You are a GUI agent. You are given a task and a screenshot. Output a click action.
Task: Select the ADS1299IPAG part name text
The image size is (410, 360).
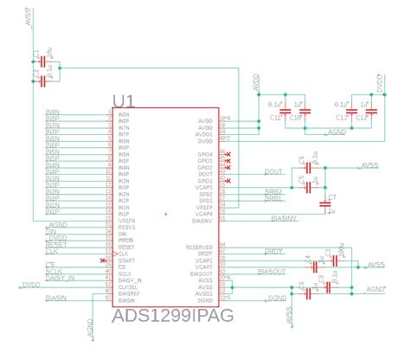tap(173, 318)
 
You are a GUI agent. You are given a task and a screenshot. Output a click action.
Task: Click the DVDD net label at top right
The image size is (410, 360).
tap(379, 83)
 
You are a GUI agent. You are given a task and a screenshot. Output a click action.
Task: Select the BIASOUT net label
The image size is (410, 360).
tap(273, 272)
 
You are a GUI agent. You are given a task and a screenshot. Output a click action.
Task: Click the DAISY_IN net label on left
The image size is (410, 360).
tap(60, 278)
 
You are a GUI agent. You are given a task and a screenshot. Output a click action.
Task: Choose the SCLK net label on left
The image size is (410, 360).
tap(54, 271)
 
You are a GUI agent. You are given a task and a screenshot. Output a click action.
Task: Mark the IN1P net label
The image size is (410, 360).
tap(53, 211)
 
